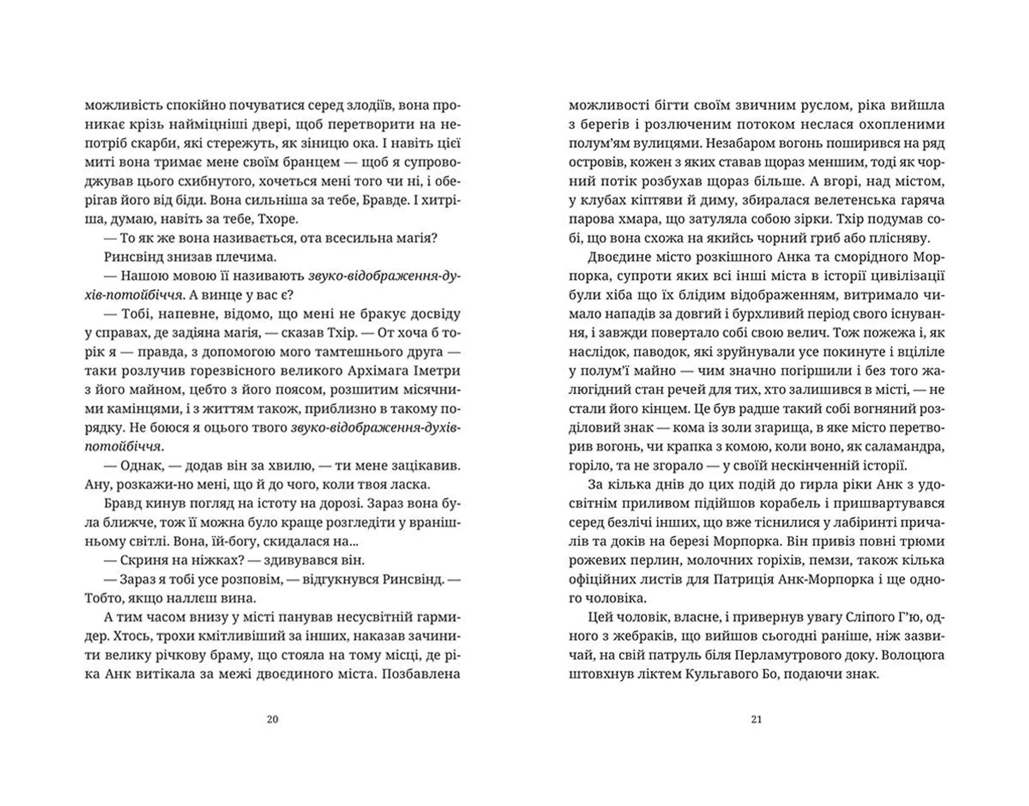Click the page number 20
[272, 719]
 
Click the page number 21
[756, 719]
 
